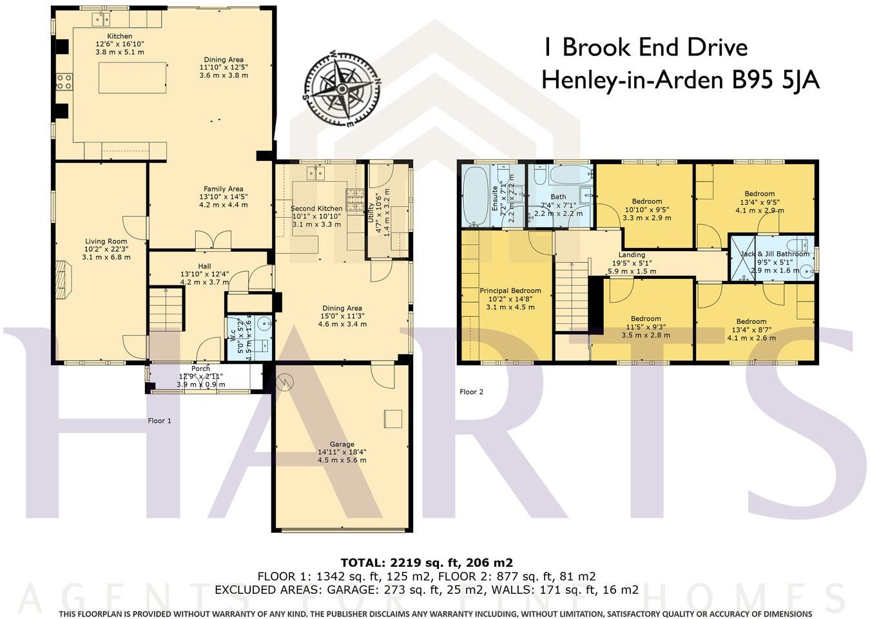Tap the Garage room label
[x=342, y=444]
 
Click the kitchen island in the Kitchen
[x=132, y=78]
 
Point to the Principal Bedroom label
[x=510, y=290]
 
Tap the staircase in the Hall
[x=166, y=309]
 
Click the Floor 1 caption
[x=159, y=421]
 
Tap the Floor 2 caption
[x=471, y=392]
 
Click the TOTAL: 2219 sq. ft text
[x=427, y=562]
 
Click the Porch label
[x=200, y=368]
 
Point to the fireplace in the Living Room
[x=61, y=280]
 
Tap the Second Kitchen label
[x=316, y=208]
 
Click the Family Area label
[x=223, y=189]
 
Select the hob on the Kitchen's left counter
[x=64, y=81]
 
